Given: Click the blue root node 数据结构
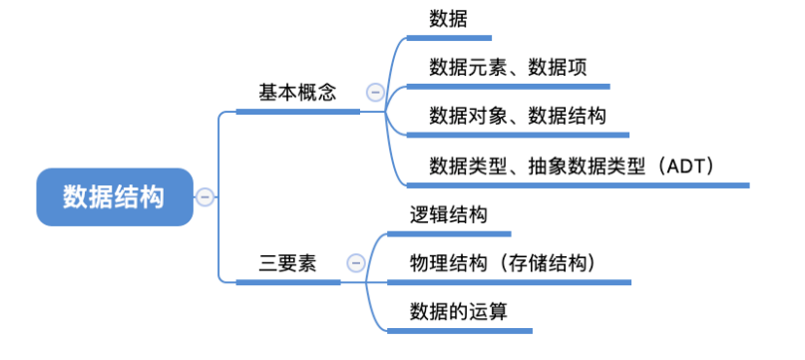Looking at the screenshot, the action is (115, 196).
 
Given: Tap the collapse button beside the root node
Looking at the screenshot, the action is (204, 196).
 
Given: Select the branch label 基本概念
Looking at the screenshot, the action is (297, 93).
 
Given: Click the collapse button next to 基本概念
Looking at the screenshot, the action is (375, 93).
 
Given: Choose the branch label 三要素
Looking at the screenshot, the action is (287, 263).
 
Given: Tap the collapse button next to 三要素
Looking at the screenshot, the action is (356, 263).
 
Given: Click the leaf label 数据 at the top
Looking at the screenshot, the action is (448, 19).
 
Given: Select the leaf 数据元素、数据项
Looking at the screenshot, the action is (508, 67).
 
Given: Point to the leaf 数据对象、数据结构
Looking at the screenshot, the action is (518, 116).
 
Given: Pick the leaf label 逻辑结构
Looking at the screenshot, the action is (448, 215).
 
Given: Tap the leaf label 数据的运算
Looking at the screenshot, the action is (459, 312).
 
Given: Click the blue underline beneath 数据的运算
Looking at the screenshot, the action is (460, 331).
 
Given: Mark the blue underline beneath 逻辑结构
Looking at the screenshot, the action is (449, 234).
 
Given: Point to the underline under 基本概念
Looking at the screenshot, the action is (298, 112).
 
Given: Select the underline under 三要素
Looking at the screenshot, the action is (288, 282).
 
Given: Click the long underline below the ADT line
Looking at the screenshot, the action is (579, 184).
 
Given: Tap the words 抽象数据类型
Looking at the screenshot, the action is (587, 167).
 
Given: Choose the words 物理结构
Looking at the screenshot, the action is (448, 263).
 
